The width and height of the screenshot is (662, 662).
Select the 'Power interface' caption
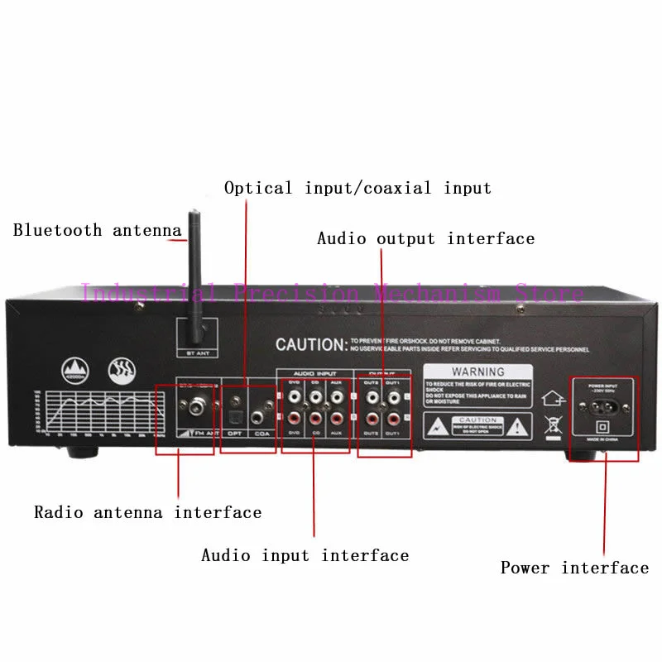574,568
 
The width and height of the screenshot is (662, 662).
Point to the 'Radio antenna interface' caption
147,512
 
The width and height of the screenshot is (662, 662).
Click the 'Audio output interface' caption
425,238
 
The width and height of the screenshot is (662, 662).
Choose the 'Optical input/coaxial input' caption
357,188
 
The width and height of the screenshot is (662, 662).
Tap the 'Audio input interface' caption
305,555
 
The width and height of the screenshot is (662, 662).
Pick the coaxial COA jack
266,406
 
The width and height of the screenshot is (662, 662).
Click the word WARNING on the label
477,372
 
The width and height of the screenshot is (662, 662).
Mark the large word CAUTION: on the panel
309,344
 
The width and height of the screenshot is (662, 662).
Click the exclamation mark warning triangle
517,426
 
